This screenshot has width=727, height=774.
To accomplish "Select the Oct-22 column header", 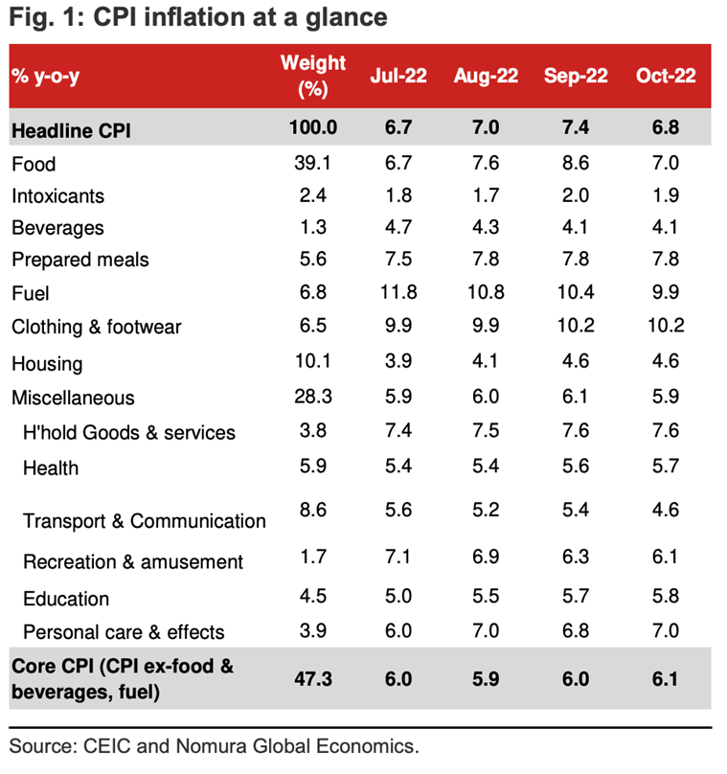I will tap(666, 77).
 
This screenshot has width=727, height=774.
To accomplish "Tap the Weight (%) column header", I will tap(313, 77).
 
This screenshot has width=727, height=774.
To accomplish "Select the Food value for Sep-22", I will tap(576, 164).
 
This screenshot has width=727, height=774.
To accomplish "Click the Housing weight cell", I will tap(313, 363).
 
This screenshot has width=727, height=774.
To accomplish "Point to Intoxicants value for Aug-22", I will tap(486, 196).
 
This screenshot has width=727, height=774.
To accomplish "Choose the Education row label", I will tap(66, 599).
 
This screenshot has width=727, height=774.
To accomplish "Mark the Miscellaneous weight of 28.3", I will tap(313, 397).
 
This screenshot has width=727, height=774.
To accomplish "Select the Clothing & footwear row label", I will tap(97, 327).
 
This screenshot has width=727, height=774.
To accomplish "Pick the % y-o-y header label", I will tap(46, 77).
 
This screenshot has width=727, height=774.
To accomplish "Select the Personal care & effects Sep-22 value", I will tap(576, 631).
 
